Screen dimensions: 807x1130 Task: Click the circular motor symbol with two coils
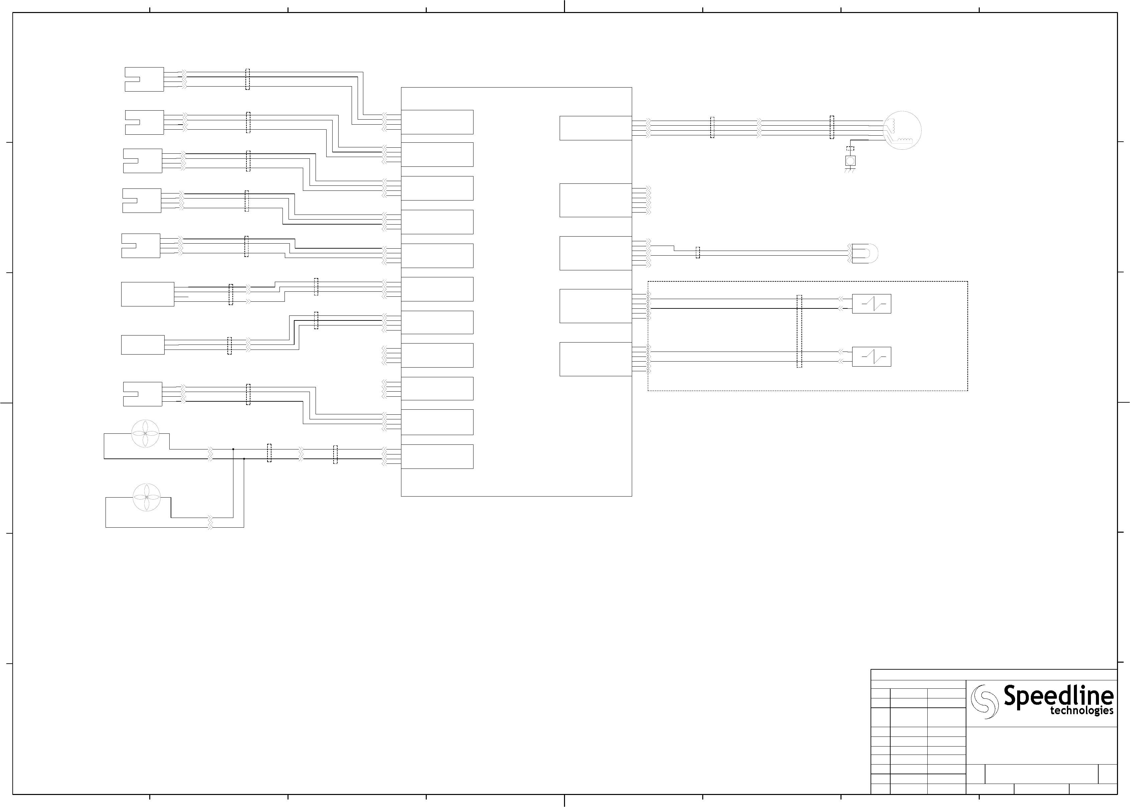click(x=902, y=130)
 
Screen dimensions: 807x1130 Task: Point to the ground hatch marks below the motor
click(x=850, y=170)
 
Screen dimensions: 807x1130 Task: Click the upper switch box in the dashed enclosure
click(x=871, y=304)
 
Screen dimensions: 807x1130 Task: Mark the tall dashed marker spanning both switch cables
click(x=799, y=331)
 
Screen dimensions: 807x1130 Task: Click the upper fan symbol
click(x=145, y=433)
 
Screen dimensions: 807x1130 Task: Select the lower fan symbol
click(x=147, y=497)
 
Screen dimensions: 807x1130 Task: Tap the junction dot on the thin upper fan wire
click(x=233, y=449)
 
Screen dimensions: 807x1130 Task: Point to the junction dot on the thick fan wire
click(x=244, y=459)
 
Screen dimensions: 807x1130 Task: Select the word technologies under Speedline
click(x=1081, y=711)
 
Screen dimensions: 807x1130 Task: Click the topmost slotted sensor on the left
click(x=144, y=80)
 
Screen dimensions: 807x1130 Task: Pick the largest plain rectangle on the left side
click(x=148, y=294)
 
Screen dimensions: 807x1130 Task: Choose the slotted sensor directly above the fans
click(x=143, y=394)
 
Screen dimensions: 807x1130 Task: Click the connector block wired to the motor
click(x=595, y=128)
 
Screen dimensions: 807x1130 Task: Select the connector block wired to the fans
click(x=437, y=456)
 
